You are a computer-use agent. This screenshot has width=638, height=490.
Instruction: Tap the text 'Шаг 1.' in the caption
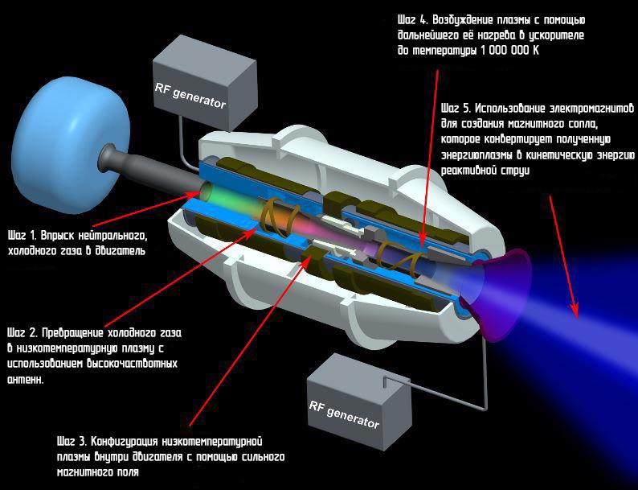pyautogui.click(x=22, y=237)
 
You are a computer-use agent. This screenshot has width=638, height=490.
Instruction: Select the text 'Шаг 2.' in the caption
pyautogui.click(x=23, y=332)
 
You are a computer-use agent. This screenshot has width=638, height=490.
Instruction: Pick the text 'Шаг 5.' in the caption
pyautogui.click(x=457, y=108)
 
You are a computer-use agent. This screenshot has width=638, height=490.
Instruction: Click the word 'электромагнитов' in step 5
pyautogui.click(x=595, y=108)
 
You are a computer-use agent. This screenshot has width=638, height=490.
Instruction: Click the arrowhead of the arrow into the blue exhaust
pyautogui.click(x=574, y=309)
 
